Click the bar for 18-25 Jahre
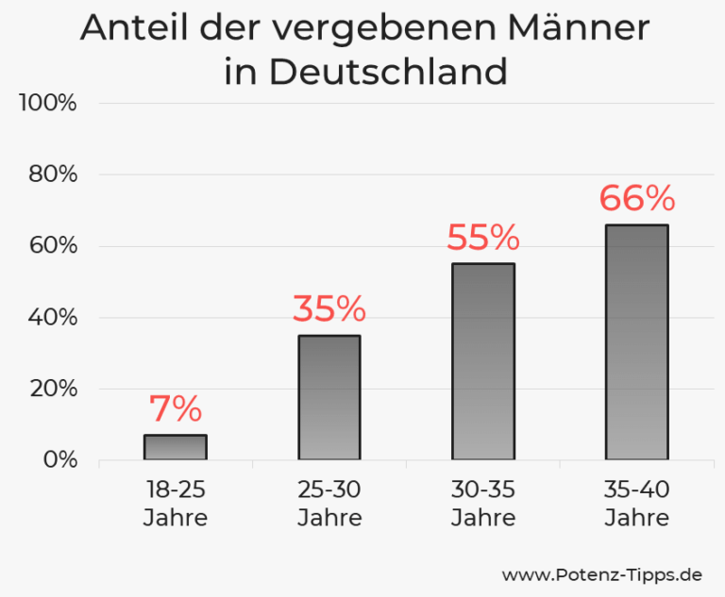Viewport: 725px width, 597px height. (176, 447)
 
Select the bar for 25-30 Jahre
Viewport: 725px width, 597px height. (329, 397)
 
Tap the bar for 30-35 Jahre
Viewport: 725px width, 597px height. (483, 361)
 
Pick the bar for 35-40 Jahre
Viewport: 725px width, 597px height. (637, 341)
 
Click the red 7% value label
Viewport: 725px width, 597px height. (176, 408)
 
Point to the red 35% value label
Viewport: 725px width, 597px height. (329, 308)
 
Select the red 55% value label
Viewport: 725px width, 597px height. (483, 238)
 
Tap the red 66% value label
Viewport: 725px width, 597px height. (637, 198)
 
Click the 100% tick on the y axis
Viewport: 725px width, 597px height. (47, 103)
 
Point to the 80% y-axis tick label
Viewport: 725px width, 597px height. (51, 174)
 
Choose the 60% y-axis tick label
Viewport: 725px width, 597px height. (51, 246)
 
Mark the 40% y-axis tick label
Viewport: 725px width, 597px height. (51, 318)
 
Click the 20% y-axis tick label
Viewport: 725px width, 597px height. (51, 389)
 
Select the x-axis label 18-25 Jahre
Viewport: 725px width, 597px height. (176, 504)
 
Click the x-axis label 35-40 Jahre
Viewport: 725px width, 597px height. (637, 504)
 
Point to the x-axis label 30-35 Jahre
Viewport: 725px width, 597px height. (483, 504)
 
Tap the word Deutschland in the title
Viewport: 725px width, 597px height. (390, 72)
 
